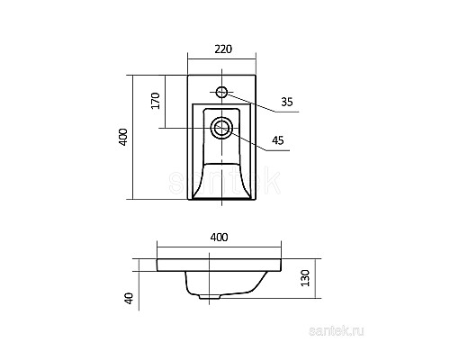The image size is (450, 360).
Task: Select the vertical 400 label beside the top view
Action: coord(124,137)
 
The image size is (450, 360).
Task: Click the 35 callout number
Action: coord(287,103)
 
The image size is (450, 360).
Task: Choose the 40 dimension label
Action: coord(129,299)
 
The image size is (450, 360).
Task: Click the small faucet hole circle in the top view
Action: coord(222,91)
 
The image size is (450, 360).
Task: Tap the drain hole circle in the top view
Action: coord(221,128)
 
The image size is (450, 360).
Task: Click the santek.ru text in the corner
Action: coord(409,334)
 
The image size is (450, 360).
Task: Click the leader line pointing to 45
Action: coord(253,134)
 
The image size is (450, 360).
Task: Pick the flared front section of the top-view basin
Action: coord(221,184)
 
